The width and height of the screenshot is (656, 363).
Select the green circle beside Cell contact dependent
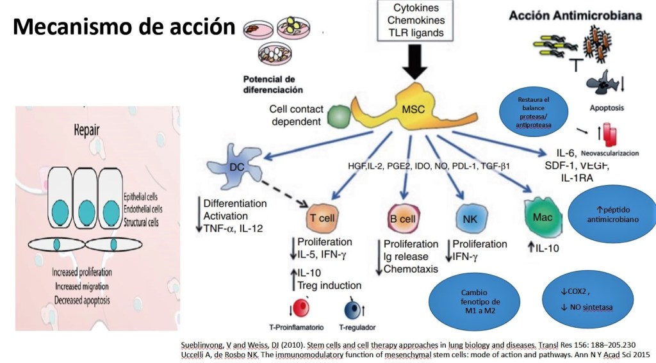pos(339,116)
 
